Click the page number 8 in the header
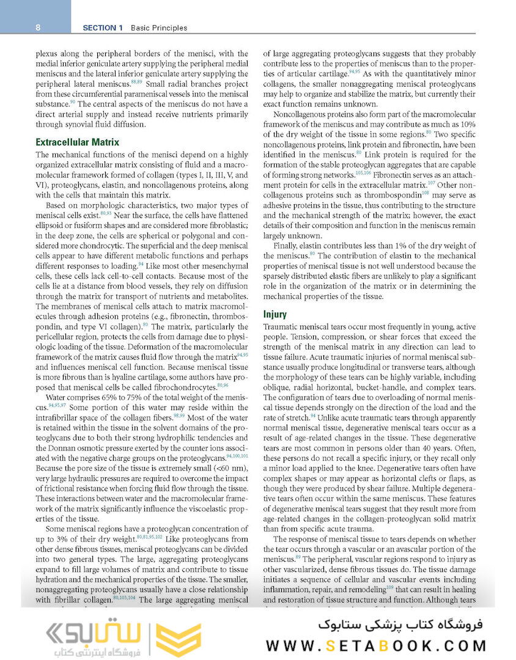[x=38, y=28]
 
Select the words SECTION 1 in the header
[x=103, y=28]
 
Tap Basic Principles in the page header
[x=152, y=28]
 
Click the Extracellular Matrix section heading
[x=77, y=142]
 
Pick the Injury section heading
[x=275, y=314]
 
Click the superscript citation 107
[x=432, y=182]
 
